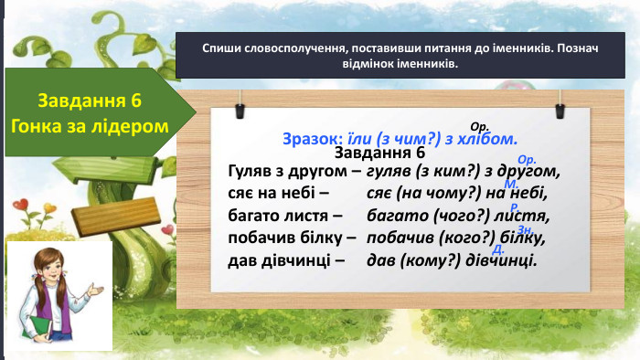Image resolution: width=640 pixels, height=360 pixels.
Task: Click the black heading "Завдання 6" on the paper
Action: pyautogui.click(x=380, y=154)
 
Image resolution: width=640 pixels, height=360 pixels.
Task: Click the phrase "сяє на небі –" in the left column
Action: pyautogui.click(x=272, y=193)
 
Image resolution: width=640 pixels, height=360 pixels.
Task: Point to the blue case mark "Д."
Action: pyautogui.click(x=498, y=249)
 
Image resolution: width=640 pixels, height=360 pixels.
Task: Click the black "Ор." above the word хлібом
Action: pyautogui.click(x=479, y=126)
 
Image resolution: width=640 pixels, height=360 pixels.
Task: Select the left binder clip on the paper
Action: pyautogui.click(x=240, y=108)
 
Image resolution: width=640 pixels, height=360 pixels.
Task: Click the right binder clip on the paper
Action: pyautogui.click(x=559, y=108)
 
